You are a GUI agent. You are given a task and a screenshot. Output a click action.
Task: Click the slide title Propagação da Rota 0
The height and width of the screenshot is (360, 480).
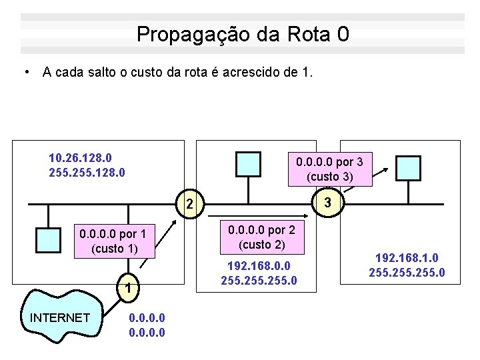[242, 34]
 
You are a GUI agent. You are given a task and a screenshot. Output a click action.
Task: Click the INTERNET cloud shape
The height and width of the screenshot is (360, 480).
[60, 317]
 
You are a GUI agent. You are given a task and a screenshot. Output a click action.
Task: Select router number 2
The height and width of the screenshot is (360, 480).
[190, 203]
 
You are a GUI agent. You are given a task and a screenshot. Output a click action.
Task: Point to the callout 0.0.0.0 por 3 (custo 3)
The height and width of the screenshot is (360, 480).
[329, 169]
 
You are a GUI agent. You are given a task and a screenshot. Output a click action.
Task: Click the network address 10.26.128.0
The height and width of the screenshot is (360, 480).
[80, 158]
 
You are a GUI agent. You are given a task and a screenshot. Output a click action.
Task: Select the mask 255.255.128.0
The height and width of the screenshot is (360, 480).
[87, 172]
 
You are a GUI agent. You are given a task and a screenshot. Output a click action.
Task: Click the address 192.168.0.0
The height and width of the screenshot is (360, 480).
[259, 265]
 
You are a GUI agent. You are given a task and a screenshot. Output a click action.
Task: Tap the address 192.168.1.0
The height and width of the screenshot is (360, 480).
[407, 258]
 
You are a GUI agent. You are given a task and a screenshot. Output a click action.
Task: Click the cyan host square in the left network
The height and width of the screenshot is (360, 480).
[49, 238]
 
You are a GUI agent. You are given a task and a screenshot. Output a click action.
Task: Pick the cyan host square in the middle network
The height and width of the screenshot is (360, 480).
[249, 163]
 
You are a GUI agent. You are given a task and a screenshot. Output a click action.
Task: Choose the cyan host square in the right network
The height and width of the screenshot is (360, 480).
[408, 168]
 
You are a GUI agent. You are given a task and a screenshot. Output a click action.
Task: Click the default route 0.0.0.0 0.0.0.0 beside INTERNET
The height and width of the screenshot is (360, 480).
[145, 325]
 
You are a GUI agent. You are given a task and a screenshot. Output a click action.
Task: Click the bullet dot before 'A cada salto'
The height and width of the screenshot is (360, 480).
[25, 71]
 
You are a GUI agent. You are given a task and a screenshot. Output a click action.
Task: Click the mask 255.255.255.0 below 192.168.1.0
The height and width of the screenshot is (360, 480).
[407, 273]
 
